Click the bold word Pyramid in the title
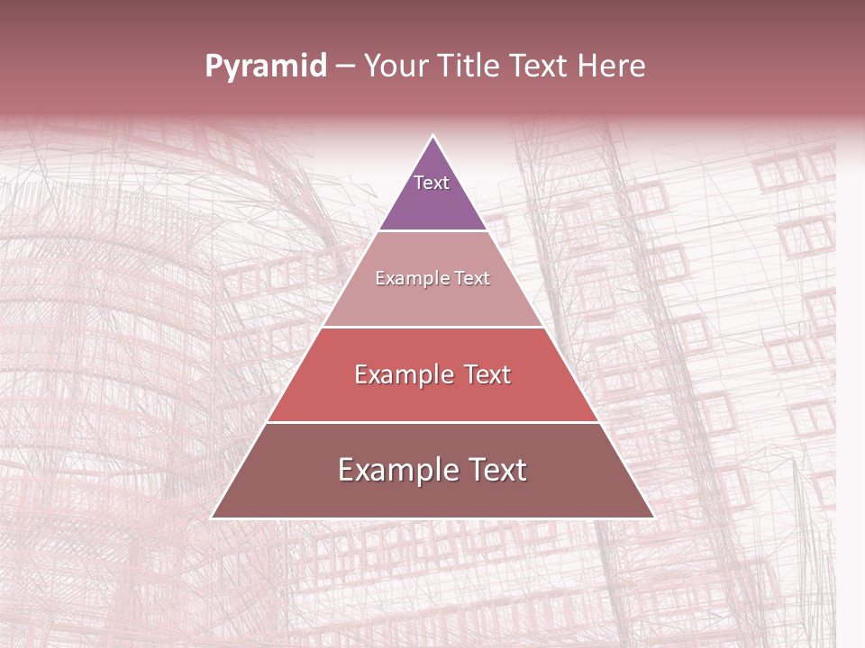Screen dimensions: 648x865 (266, 67)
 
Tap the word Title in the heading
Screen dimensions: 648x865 (468, 67)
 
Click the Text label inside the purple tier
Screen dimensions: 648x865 (432, 183)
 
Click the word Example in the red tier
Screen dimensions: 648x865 (402, 374)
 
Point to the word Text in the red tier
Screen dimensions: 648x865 (487, 374)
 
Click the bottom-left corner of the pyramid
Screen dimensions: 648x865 (213, 517)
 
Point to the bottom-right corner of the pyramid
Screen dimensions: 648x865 (653, 517)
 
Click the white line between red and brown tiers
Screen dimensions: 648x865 (432, 422)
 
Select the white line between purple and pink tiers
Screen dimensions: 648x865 (432, 230)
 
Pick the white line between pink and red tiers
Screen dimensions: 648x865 (432, 327)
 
